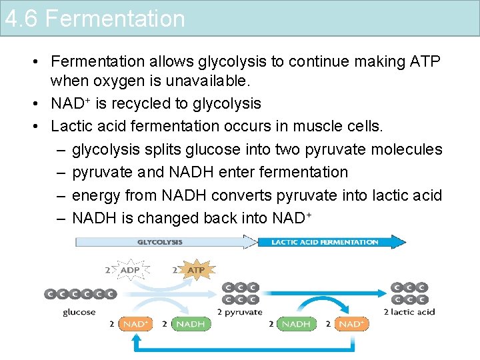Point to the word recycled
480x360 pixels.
point(149,103)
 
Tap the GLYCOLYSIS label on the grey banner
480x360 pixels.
point(160,242)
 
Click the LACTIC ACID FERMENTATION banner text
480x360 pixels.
point(325,242)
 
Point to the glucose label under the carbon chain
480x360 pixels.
point(79,311)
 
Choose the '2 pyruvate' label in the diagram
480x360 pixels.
point(240,311)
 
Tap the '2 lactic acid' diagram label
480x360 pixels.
point(409,311)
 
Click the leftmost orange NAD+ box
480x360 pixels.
point(135,324)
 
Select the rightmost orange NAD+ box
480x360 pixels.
point(351,324)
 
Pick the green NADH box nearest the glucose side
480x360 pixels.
point(190,324)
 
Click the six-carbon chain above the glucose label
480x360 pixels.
point(80,293)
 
